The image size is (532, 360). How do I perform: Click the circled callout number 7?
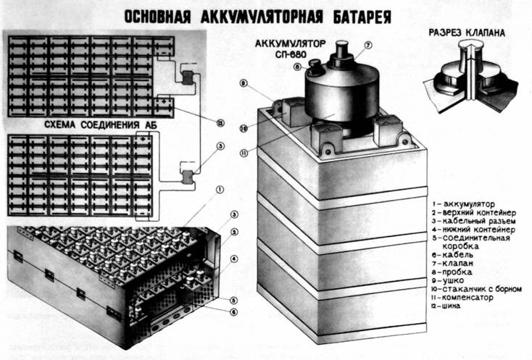coord(368,45)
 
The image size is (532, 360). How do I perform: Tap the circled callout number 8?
coord(297,67)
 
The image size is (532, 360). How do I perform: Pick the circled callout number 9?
coord(244,84)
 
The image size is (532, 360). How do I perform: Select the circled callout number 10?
coord(244,128)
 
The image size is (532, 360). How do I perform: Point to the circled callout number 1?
coord(219,191)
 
